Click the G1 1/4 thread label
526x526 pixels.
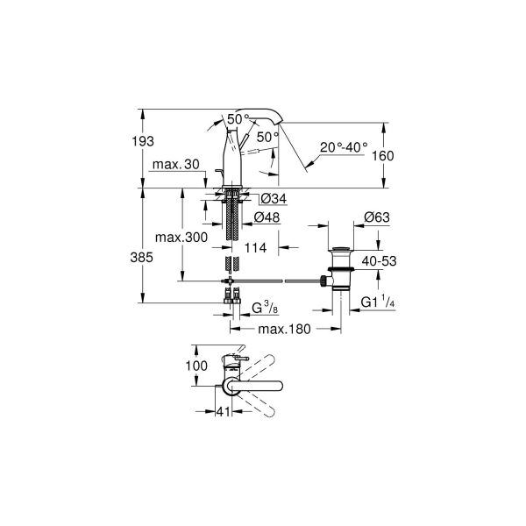378,303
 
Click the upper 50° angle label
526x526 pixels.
237,117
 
